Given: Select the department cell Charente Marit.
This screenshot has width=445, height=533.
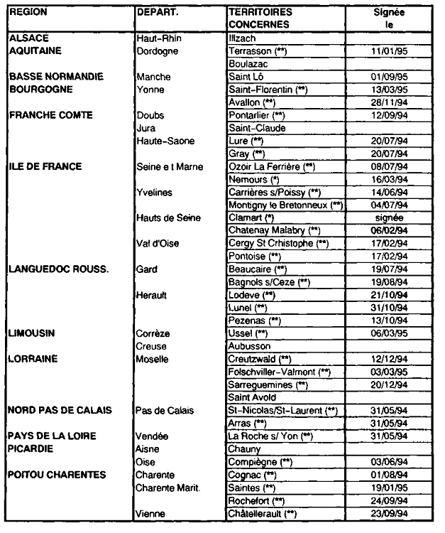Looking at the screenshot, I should (167, 487).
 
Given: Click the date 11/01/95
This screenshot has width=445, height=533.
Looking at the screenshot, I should (390, 52).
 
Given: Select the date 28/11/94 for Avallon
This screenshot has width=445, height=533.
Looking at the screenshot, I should (390, 102).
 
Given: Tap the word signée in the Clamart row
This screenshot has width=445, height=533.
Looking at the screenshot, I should (391, 217).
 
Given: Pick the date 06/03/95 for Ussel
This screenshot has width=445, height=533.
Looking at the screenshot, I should (390, 333).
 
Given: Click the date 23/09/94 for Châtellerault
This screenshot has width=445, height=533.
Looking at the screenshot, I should (390, 513).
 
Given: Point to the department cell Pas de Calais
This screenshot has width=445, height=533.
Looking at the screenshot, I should (164, 411).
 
